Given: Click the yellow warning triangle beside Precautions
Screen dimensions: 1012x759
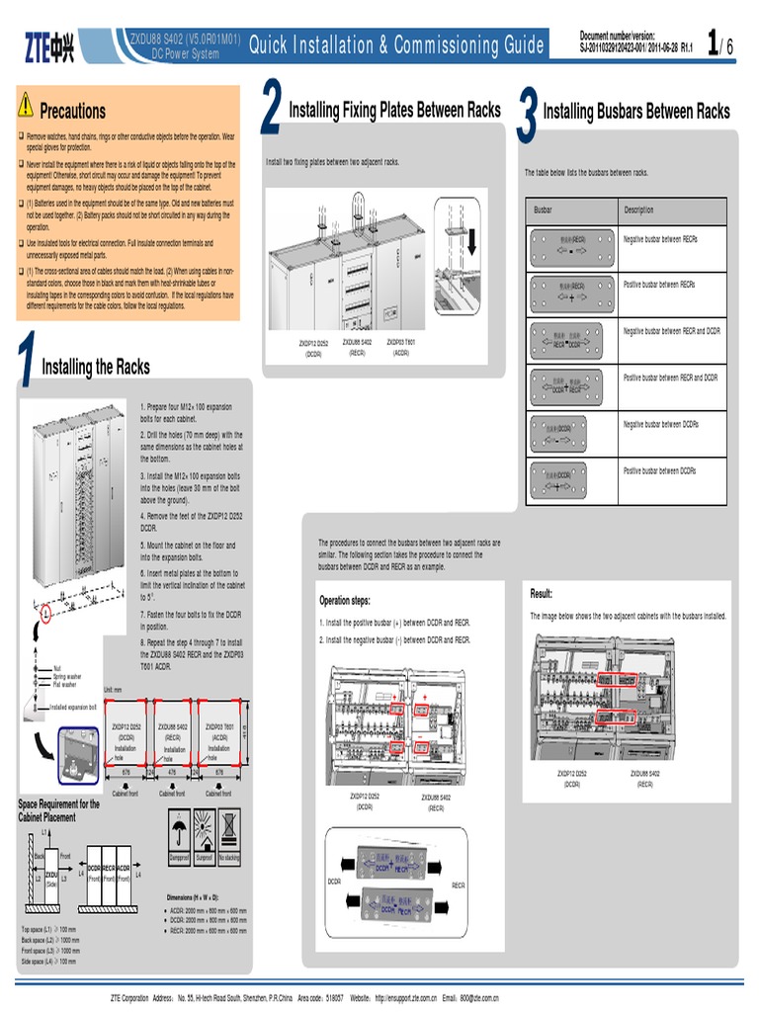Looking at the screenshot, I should (26, 106).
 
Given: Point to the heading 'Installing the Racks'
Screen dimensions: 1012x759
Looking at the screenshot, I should (95, 368).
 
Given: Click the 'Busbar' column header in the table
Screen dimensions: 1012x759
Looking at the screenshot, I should (544, 211).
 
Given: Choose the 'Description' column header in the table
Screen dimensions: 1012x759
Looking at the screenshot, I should (638, 211).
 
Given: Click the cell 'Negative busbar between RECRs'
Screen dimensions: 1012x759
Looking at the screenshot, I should (660, 239).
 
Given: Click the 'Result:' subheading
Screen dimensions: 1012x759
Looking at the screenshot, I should (542, 594).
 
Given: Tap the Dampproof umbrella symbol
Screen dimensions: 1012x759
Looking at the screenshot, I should (179, 832).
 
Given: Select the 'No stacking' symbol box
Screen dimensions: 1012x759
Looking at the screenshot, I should (228, 832).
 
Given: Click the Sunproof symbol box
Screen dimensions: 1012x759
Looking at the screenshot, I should (204, 832).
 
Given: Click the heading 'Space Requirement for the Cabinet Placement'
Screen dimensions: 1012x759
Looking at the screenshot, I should (59, 810).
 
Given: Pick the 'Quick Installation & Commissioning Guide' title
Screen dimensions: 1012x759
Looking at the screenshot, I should (395, 45).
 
